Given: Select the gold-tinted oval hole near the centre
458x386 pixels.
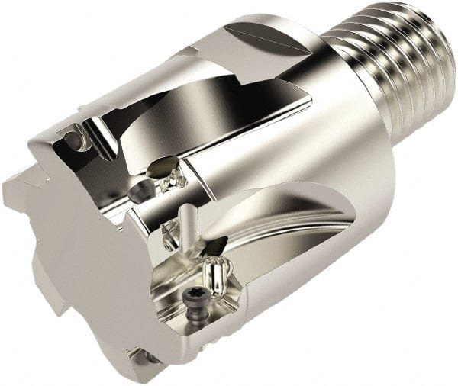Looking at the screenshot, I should pos(164,166).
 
